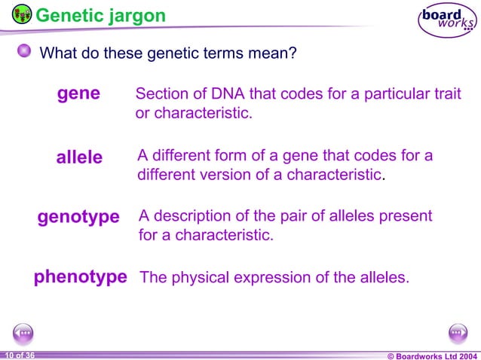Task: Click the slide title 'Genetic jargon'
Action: pos(101,15)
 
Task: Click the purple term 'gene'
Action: pos(79,93)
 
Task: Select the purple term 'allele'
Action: pos(79,157)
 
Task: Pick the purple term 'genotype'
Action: pos(78,217)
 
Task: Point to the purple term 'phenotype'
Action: pos(80,277)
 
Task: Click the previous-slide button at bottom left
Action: pos(23,332)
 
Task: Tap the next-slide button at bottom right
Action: pos(458,332)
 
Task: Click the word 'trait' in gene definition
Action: pos(446,94)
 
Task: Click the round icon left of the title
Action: pos(22,14)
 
